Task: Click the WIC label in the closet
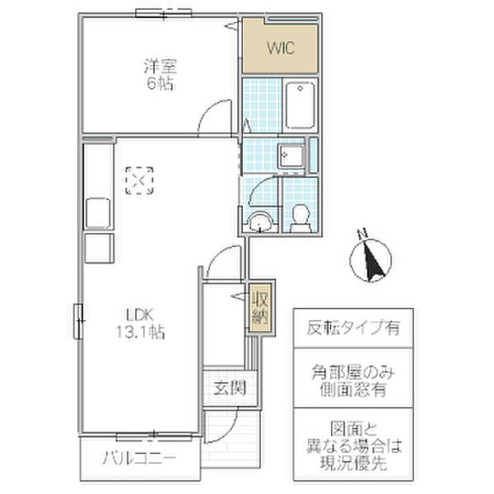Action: pyautogui.click(x=279, y=47)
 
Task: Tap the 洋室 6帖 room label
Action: pyautogui.click(x=159, y=75)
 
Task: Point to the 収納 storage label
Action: pyautogui.click(x=260, y=308)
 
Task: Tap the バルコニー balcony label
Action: pyautogui.click(x=139, y=459)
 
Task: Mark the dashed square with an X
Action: pyautogui.click(x=139, y=179)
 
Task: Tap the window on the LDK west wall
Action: pyautogui.click(x=79, y=319)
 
